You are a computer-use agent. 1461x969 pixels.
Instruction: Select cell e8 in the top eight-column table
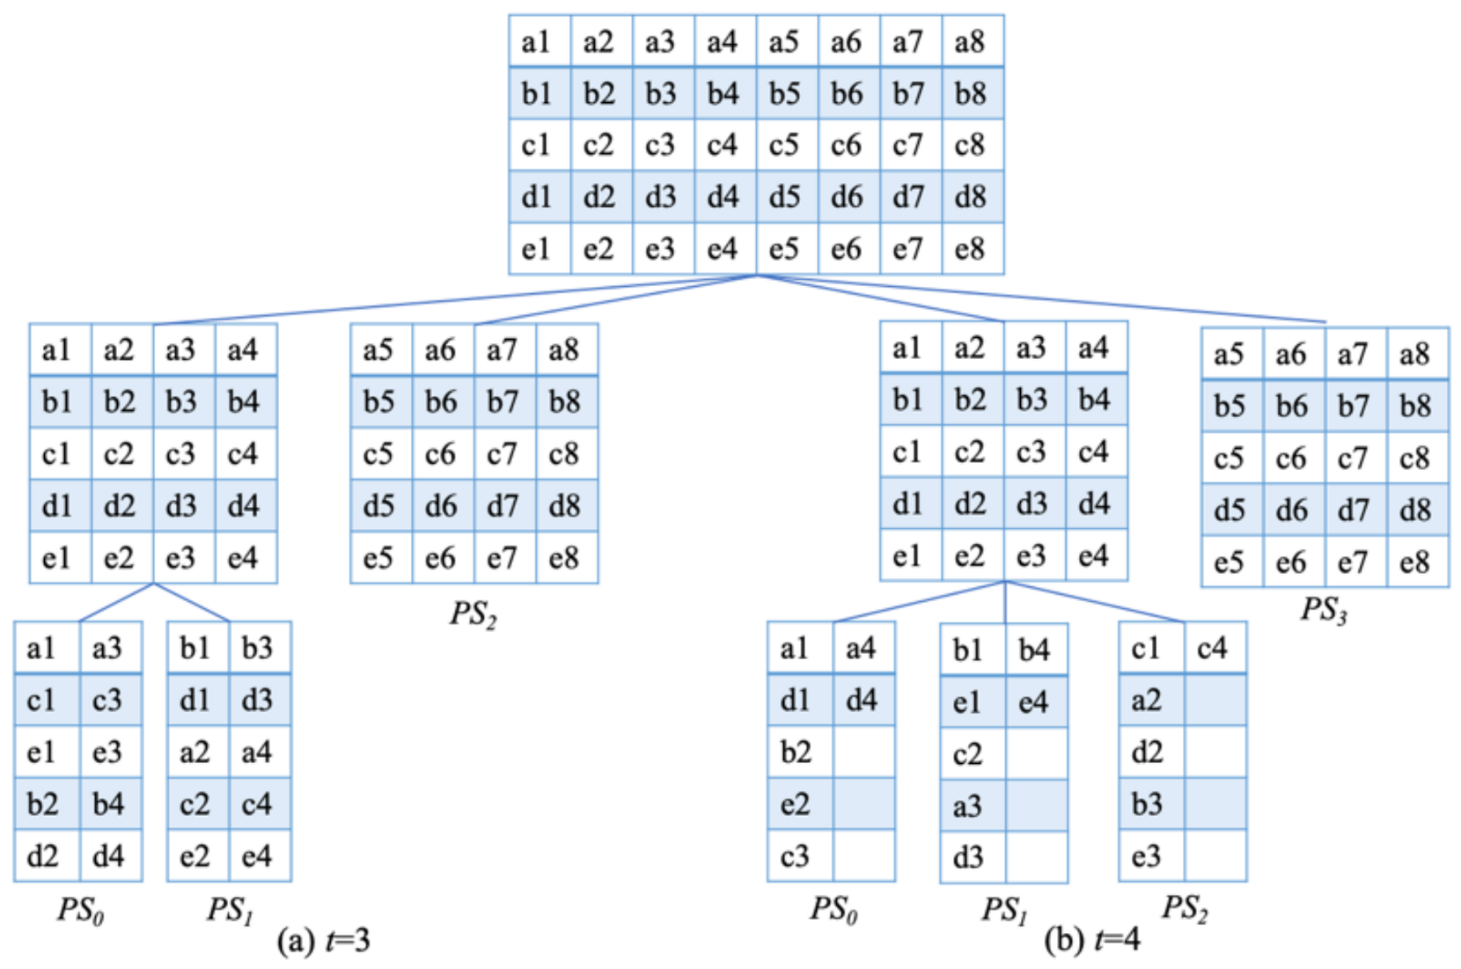coord(972,249)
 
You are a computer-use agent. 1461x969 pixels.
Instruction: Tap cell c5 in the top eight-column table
coord(785,145)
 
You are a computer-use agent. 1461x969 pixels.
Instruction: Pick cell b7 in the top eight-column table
coord(909,93)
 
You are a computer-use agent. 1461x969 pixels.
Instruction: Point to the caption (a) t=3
coord(323,941)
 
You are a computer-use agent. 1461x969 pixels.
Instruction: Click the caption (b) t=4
coord(1091,941)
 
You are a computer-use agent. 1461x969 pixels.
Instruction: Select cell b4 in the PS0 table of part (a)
coord(110,804)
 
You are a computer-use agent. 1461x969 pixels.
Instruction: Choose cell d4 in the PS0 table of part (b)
coord(863,701)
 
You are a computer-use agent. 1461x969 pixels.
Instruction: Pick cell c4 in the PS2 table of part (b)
coord(1214,650)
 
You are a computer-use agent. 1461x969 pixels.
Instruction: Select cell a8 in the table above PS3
coord(1416,355)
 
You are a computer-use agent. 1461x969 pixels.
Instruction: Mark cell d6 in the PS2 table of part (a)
coord(442,506)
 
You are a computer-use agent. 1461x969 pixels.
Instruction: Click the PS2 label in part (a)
coord(474,614)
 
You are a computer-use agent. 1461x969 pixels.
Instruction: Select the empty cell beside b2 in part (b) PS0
coord(863,752)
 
